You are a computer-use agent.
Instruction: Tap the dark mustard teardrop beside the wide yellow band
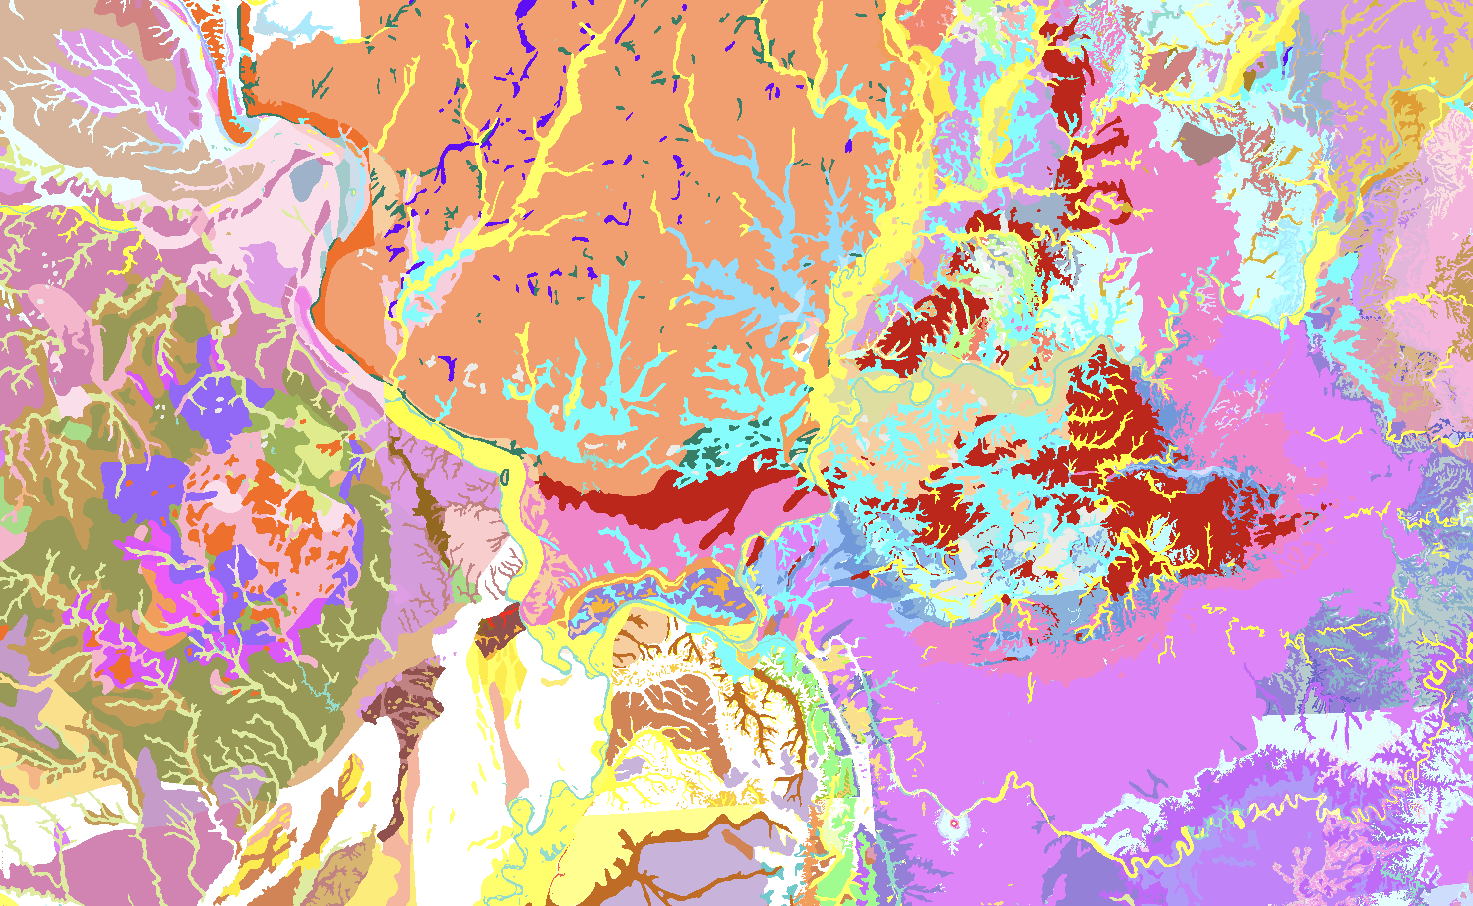[1251, 79]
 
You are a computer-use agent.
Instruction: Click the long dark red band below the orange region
[659, 497]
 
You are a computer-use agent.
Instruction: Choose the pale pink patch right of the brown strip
[473, 527]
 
